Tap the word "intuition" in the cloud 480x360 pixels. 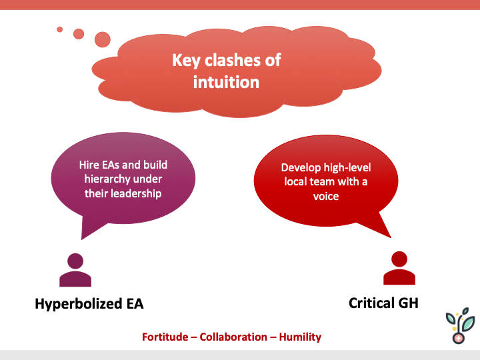[x=226, y=82]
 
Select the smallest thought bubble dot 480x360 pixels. [x=60, y=29]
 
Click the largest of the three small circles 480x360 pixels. [x=103, y=39]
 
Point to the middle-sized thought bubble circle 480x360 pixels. [x=79, y=33]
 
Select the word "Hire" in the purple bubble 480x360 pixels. [x=82, y=165]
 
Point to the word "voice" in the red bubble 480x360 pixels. [x=326, y=197]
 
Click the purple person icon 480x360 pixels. [x=75, y=270]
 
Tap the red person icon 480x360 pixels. [x=399, y=268]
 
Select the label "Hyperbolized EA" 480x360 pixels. [x=89, y=304]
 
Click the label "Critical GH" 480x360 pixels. [x=383, y=303]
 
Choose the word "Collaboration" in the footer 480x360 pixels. [x=234, y=337]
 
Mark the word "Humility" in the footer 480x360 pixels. [x=300, y=337]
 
